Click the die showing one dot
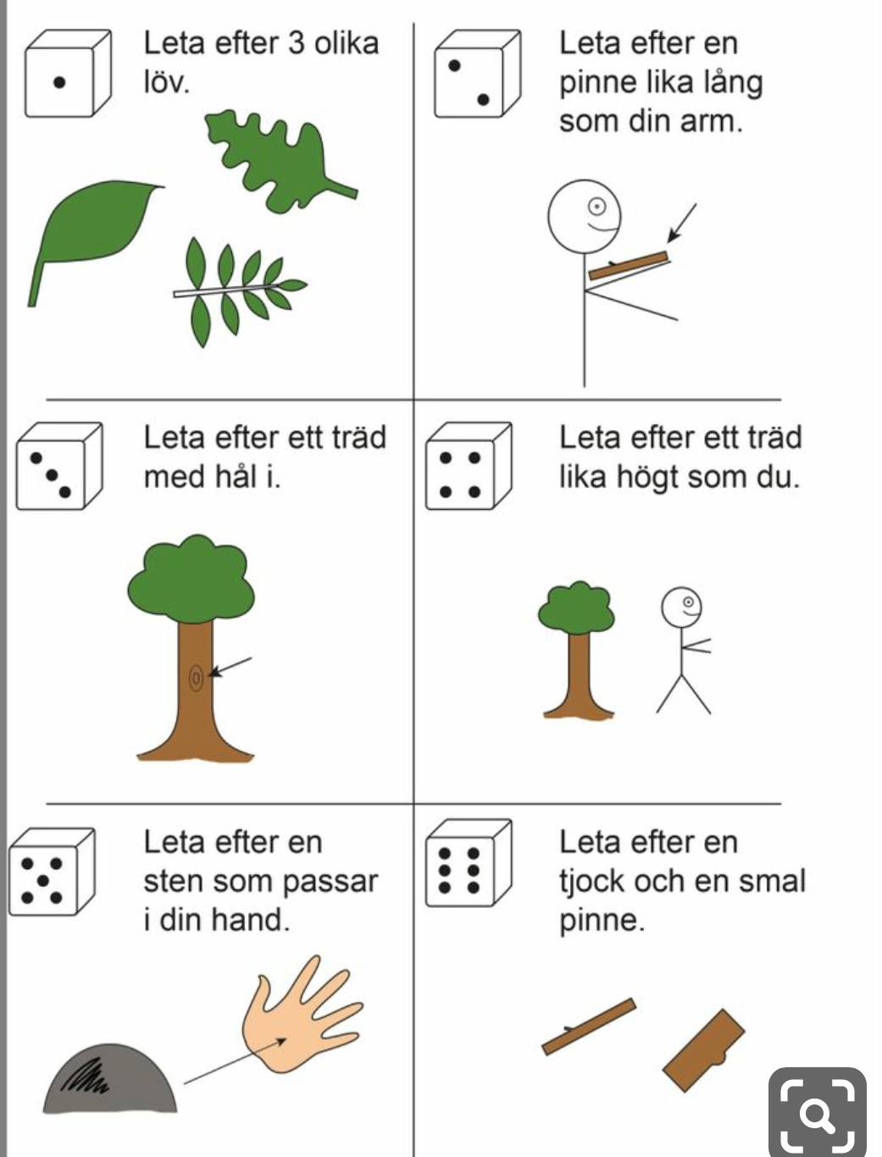coord(68,74)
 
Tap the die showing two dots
coord(478,74)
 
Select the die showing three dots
coord(59,466)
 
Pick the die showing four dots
coord(469,466)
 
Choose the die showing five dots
coord(52,872)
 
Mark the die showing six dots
coord(469,863)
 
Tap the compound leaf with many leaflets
coord(240,291)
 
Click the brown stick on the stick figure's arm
coord(629,266)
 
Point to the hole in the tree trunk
coord(196,678)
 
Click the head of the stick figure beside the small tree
coord(682,607)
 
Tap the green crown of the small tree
coord(577,608)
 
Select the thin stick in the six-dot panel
coord(589,1027)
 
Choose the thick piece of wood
coord(703,1051)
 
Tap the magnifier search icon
coord(817,1113)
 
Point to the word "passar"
coord(330,882)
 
